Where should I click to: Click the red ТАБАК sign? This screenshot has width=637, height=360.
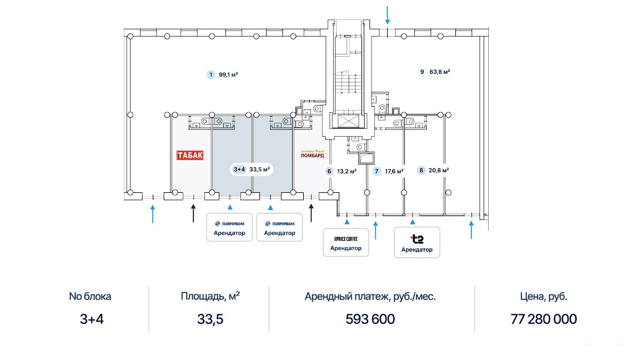tap(190, 155)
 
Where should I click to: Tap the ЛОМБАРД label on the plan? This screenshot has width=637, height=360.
tap(312, 156)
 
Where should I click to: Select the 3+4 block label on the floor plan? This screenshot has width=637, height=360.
tap(239, 169)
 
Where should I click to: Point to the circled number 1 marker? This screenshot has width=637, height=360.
tap(210, 74)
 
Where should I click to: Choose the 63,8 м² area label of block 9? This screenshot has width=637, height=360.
tap(439, 72)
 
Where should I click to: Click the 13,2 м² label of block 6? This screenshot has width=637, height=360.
tap(346, 171)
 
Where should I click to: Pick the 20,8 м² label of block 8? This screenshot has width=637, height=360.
tap(438, 171)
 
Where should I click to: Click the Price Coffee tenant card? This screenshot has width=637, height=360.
tap(345, 243)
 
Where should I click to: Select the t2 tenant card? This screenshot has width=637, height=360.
tap(417, 242)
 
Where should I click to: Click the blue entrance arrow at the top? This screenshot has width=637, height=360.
tap(388, 14)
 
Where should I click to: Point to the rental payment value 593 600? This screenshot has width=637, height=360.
tap(370, 319)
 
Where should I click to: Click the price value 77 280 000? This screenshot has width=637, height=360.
tap(543, 319)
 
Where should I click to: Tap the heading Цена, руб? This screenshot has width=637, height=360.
tap(543, 296)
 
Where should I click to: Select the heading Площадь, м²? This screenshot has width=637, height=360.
tap(210, 296)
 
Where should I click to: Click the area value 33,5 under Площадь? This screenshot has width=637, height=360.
tap(210, 319)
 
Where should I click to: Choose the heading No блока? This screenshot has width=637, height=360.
tap(90, 296)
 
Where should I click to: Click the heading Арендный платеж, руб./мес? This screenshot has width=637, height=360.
tap(370, 296)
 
